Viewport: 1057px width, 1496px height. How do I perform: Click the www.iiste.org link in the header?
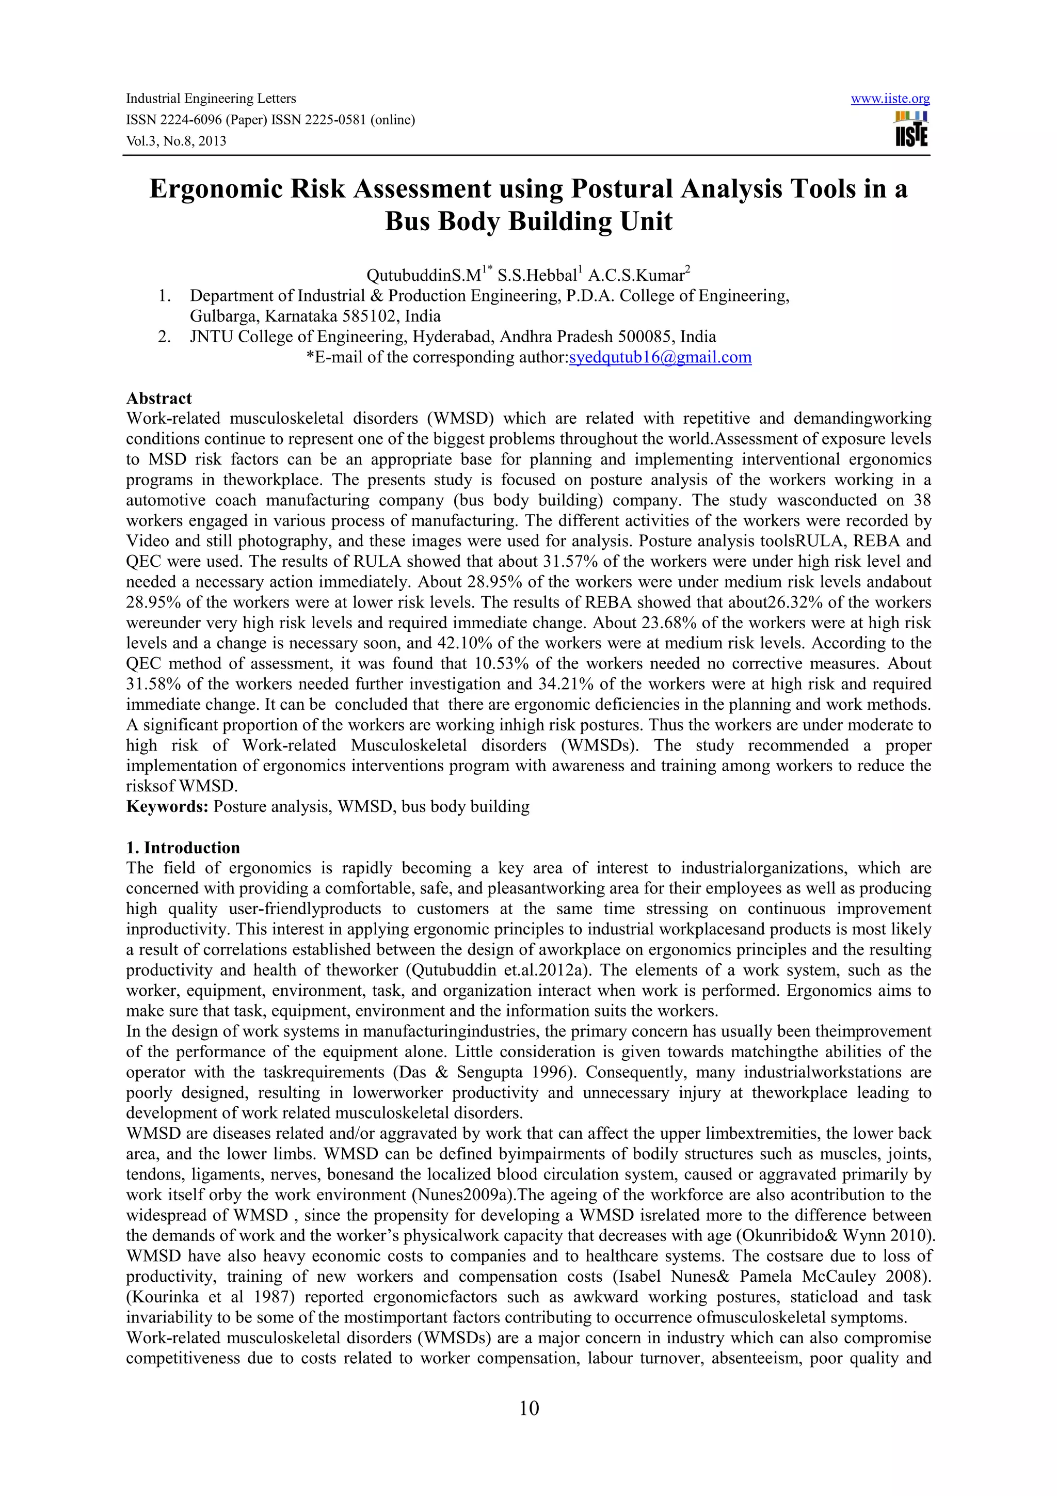point(890,99)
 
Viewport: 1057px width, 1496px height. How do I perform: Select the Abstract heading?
point(159,398)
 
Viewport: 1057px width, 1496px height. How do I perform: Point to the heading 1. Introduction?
point(183,848)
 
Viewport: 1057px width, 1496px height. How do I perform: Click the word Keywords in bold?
point(167,807)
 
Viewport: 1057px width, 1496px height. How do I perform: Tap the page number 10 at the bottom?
point(529,1409)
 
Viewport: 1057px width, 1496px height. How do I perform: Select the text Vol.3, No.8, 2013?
point(176,141)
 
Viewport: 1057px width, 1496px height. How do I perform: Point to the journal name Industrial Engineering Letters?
point(211,99)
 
